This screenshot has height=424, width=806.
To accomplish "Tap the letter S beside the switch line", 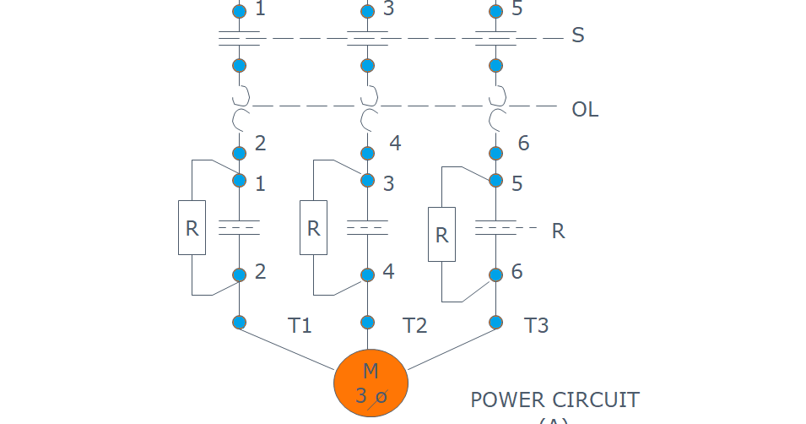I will [578, 36].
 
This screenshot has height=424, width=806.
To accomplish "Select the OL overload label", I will [585, 110].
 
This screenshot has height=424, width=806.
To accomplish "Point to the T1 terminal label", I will [300, 325].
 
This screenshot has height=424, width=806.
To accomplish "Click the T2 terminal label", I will [415, 325].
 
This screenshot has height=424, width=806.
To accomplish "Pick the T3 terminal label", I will [536, 325].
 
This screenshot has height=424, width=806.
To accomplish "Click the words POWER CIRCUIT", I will [554, 400].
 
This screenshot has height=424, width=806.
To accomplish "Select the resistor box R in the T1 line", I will [192, 227].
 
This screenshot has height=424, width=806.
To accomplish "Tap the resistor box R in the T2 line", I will [313, 227].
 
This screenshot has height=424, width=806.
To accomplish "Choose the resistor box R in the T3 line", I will [441, 234].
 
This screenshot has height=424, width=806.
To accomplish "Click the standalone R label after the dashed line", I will [558, 231].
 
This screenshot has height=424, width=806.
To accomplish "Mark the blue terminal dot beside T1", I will [239, 322].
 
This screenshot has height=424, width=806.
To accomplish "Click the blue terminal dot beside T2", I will [367, 322].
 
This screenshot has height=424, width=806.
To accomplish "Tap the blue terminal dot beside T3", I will [495, 322].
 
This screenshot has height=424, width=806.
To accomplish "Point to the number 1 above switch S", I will [260, 10].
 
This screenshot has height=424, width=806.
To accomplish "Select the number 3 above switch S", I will [388, 10].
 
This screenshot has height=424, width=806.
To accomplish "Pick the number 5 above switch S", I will [517, 10].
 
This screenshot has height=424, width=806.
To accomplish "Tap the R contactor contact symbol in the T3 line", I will [495, 227].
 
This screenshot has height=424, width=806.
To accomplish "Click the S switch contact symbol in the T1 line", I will [239, 38].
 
